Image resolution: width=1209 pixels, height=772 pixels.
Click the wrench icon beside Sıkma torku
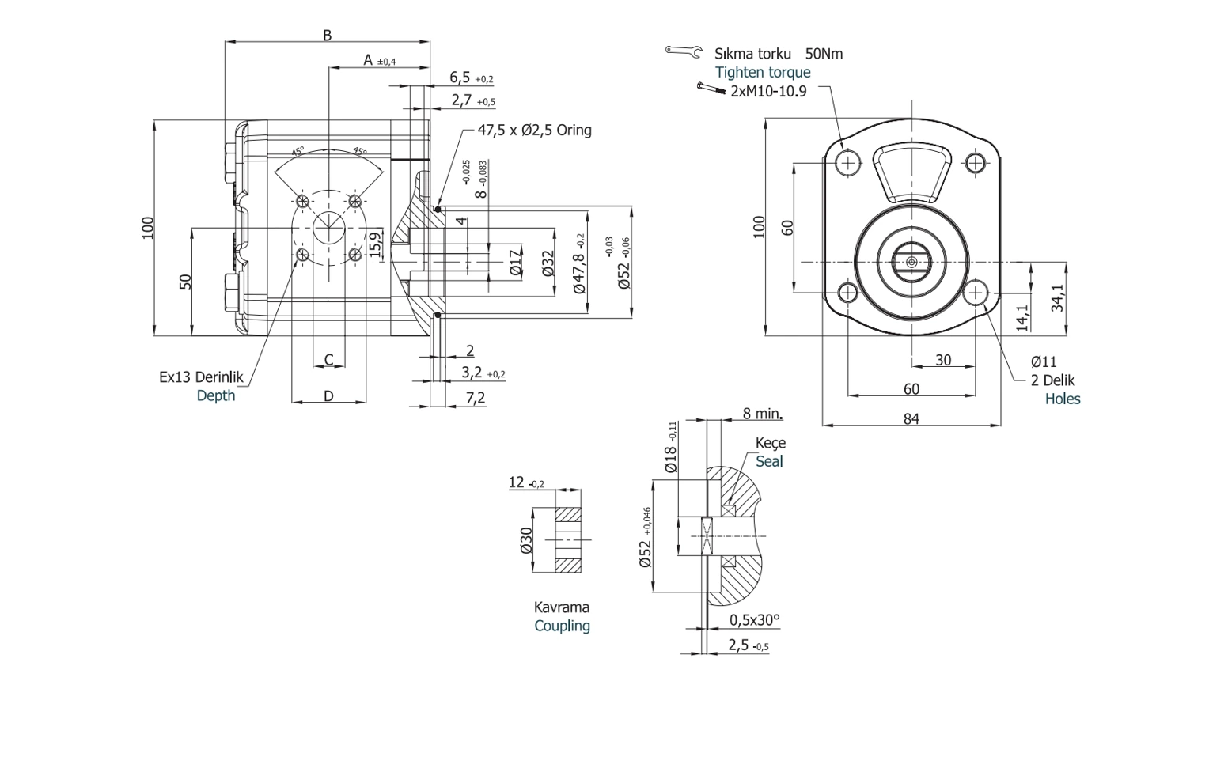click(x=684, y=51)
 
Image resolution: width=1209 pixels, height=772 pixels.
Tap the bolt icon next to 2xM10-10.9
click(x=711, y=89)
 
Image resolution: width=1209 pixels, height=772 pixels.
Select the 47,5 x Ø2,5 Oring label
click(x=534, y=130)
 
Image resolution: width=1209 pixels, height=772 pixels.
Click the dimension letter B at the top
click(x=327, y=35)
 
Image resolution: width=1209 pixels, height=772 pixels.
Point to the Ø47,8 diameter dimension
click(x=580, y=264)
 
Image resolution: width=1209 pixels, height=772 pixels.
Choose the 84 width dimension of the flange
click(x=911, y=418)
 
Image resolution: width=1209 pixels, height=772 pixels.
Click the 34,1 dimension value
click(x=1057, y=297)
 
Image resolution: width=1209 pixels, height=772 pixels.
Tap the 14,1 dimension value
click(x=1022, y=317)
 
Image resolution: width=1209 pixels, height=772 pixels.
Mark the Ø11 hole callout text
click(x=1044, y=361)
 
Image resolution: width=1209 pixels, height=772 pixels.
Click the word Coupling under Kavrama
click(x=562, y=626)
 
